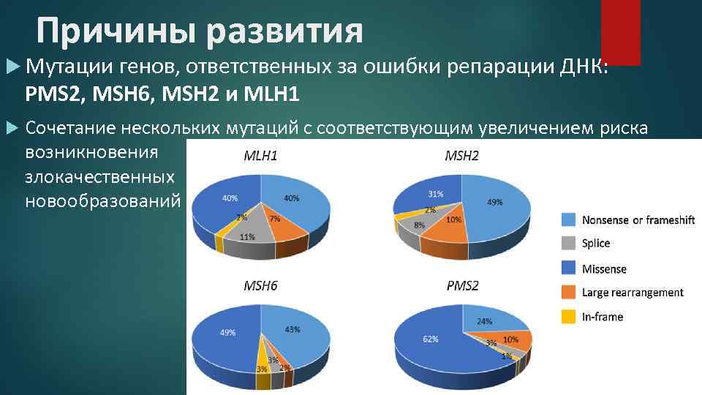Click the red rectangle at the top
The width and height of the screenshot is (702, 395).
pyautogui.click(x=620, y=31)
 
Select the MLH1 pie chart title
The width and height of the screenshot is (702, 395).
pyautogui.click(x=260, y=156)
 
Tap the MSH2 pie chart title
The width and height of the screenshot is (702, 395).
pyautogui.click(x=462, y=156)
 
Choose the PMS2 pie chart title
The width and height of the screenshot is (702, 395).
pyautogui.click(x=462, y=285)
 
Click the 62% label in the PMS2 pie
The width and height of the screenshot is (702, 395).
pyautogui.click(x=430, y=339)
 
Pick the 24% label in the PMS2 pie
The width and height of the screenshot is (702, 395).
pyautogui.click(x=484, y=320)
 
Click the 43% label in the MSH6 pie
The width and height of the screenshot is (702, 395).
pyautogui.click(x=292, y=330)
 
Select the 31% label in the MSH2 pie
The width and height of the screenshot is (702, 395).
pyautogui.click(x=437, y=194)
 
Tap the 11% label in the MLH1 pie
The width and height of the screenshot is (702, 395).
pyautogui.click(x=247, y=236)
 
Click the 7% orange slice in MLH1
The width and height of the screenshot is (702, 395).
pyautogui.click(x=276, y=224)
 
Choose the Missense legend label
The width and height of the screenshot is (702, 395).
pyautogui.click(x=604, y=268)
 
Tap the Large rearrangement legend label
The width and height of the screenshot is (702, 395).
pyautogui.click(x=633, y=293)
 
